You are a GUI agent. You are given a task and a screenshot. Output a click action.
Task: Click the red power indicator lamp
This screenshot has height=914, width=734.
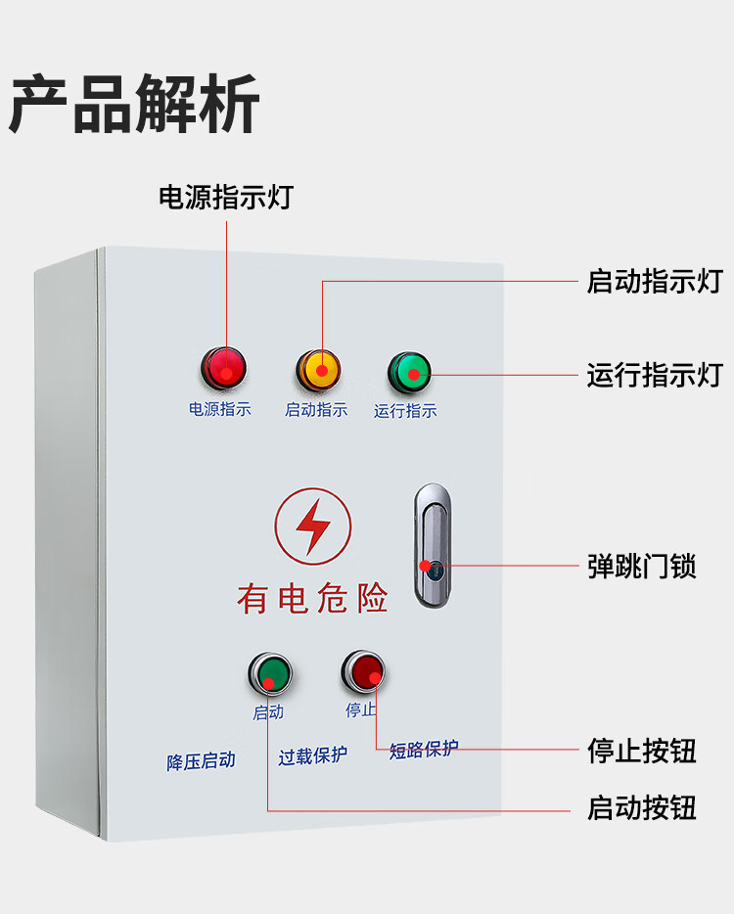(x=225, y=368)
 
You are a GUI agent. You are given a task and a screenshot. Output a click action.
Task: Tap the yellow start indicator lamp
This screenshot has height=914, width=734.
(x=319, y=369)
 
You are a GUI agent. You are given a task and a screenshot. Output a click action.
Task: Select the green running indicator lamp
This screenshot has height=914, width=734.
(x=409, y=371)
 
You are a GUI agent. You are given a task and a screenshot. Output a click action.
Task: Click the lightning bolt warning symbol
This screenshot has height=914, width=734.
(x=313, y=526)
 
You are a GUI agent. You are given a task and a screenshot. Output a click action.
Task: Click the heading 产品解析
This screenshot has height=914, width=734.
(x=135, y=103)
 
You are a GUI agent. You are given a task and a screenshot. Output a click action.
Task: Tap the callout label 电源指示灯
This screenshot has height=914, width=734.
(x=225, y=197)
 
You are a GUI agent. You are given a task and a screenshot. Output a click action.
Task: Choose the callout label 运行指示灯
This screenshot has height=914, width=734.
(x=654, y=375)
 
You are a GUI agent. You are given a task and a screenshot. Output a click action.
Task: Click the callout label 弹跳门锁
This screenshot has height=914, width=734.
(x=641, y=567)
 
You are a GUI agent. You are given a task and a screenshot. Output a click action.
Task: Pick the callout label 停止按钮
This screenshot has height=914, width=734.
(x=641, y=751)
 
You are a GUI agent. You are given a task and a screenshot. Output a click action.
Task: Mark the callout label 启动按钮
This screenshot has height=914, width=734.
(x=641, y=808)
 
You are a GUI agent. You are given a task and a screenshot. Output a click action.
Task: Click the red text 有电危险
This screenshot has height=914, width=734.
(x=312, y=596)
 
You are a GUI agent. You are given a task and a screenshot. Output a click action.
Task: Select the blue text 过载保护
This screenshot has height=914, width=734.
(x=312, y=756)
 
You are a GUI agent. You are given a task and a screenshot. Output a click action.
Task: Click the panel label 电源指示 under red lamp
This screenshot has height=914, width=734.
(x=220, y=409)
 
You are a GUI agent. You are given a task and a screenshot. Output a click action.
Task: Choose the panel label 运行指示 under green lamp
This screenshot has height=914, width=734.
(x=405, y=411)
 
